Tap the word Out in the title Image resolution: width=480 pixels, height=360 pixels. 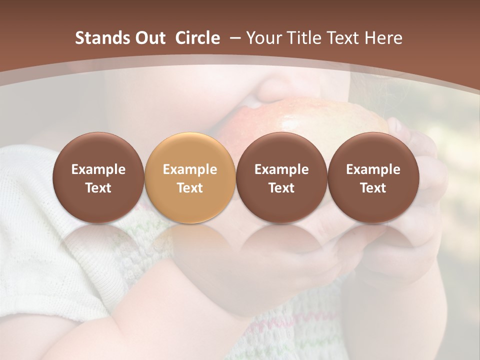point(149,38)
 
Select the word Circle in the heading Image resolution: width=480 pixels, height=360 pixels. point(197,38)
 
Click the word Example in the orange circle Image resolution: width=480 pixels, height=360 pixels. point(190,169)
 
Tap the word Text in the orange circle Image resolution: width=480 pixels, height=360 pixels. point(190,188)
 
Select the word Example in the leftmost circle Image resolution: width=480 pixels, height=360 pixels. point(98,169)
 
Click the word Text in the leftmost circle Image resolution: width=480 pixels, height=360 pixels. point(98,188)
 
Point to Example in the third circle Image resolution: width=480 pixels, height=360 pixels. point(281,169)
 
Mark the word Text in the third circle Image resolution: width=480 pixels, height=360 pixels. point(281,188)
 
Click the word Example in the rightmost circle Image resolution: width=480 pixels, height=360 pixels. point(373,169)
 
